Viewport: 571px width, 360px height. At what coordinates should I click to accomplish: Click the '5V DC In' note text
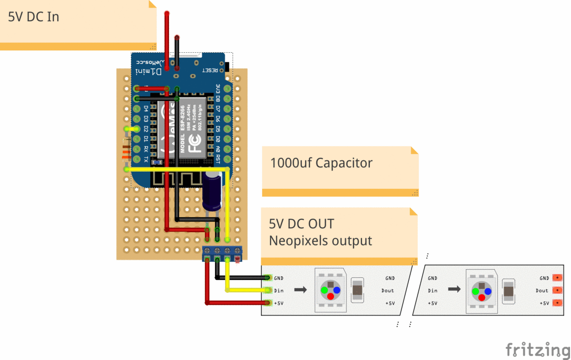[x=33, y=17]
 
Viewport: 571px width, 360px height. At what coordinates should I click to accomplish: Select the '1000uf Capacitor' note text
[x=321, y=163]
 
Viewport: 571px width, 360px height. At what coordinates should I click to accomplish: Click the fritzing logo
[x=537, y=350]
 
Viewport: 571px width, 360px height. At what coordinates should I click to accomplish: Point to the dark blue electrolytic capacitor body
[x=212, y=190]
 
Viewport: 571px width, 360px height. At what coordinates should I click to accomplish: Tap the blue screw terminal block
[x=222, y=254]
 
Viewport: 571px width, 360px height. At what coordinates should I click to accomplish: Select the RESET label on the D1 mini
[x=210, y=70]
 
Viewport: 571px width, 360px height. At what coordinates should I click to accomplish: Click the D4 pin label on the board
[x=146, y=109]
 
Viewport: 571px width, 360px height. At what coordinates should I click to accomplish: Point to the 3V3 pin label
[x=217, y=89]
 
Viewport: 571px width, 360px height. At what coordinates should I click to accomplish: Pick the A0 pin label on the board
[x=217, y=149]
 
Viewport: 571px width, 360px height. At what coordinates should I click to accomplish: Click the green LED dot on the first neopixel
[x=324, y=290]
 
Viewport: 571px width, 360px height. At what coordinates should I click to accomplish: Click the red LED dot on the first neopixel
[x=330, y=297]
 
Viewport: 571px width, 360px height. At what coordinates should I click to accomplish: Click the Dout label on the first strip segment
[x=387, y=291]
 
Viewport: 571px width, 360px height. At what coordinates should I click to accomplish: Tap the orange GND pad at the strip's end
[x=557, y=278]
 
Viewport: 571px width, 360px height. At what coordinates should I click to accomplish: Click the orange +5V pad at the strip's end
[x=557, y=303]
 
